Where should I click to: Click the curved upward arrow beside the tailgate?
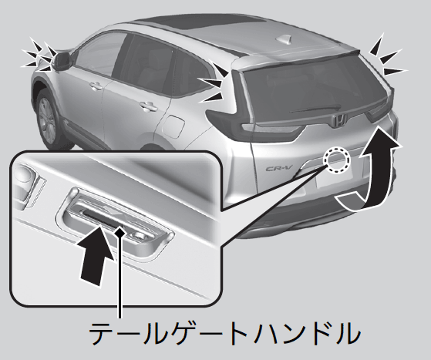[369, 170]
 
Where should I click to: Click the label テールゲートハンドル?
[224, 333]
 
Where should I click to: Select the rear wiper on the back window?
[315, 109]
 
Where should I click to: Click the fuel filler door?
[173, 127]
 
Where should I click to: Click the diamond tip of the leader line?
[120, 233]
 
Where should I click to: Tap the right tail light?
[381, 110]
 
